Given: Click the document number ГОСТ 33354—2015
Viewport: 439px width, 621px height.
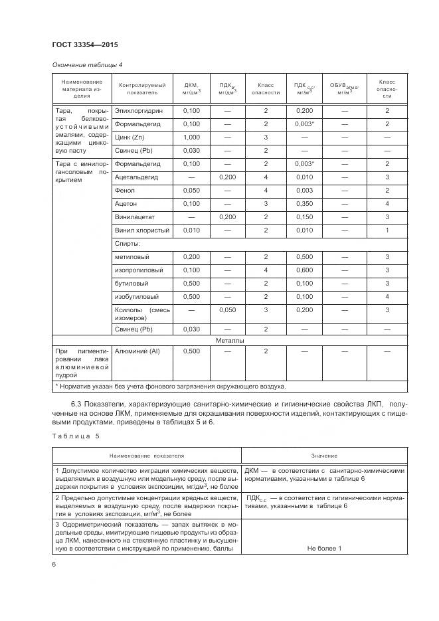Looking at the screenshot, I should pos(80,45).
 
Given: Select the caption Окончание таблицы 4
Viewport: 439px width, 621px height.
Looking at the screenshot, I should pos(86,64).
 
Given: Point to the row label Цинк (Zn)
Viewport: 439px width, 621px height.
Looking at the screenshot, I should pos(130,137).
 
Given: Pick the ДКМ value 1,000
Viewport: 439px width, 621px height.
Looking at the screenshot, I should pos(191,137).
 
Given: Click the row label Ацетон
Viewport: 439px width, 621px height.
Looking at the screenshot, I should pos(126,204).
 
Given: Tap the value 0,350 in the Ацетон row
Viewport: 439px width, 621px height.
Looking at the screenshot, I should pos(304,204).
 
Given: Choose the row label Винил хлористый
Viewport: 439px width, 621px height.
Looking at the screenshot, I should pos(142,230).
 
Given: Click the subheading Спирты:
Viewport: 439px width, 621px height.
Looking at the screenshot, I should pos(128,244).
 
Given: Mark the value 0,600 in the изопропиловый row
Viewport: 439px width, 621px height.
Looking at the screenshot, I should pos(304,270).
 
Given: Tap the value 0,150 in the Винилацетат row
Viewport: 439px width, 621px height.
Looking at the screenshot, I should pos(304,217).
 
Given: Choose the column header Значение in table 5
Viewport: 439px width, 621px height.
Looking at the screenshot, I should pos(324,456).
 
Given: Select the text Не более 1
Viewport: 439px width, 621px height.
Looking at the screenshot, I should pos(324,548).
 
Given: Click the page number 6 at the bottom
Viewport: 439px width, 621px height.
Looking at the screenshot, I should pos(54,565).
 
